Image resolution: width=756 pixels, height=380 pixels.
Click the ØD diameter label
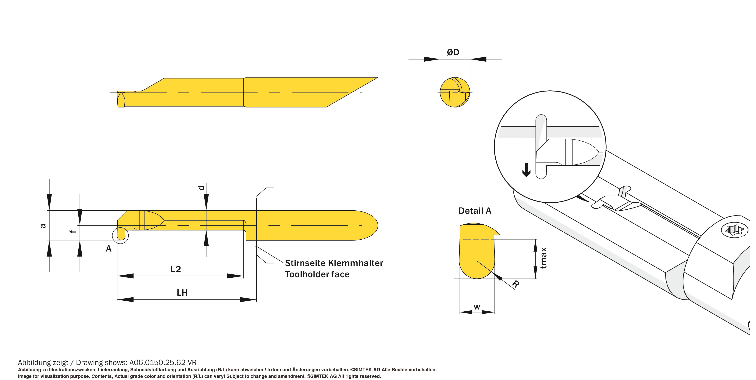453,52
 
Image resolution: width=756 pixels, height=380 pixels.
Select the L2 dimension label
176,269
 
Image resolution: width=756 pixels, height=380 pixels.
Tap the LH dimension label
182,292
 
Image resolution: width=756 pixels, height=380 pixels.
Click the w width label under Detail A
477,307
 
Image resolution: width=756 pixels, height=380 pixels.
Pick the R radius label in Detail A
516,284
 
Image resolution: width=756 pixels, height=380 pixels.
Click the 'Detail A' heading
475,211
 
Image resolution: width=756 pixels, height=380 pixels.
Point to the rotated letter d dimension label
201,188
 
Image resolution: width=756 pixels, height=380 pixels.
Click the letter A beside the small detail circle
109,249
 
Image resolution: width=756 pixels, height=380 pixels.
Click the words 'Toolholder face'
317,274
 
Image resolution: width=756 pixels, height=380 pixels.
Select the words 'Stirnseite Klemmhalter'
334,263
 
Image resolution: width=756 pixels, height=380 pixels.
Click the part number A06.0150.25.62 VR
163,362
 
